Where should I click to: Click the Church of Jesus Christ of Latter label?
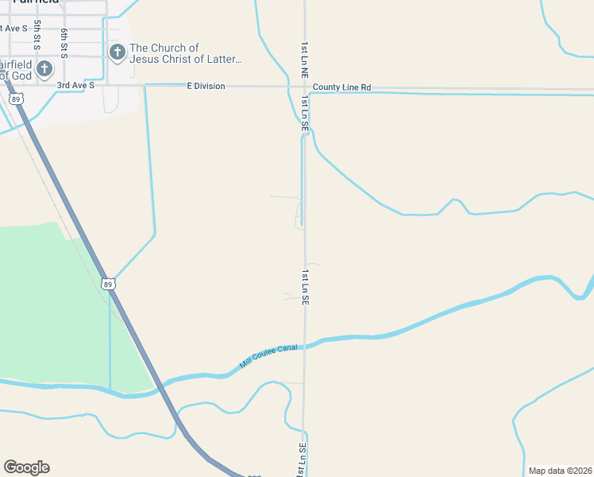coord(186,53)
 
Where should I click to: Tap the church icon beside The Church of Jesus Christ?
coord(117,53)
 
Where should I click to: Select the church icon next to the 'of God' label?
coord(44,69)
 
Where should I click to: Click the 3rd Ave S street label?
coord(75,85)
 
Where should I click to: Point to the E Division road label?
coord(206,86)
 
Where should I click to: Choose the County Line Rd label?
coord(341,87)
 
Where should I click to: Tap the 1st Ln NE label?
coord(304,60)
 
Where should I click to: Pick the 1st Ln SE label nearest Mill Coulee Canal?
coord(304,288)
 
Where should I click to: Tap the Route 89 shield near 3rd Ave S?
coord(16,99)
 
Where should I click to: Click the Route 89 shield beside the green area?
coord(108,284)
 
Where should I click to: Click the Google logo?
coord(26,467)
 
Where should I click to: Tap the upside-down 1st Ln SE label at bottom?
coord(303,460)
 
